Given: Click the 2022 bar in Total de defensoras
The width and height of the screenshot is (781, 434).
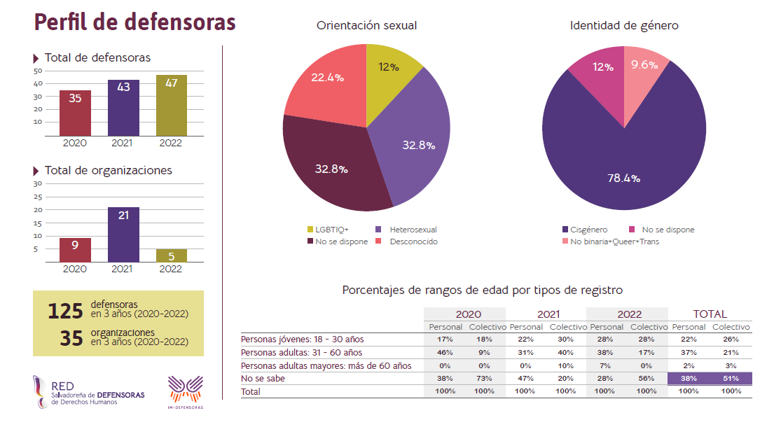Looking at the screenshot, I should tap(171, 105).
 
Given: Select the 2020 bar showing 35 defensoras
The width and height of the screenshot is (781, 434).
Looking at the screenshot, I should tap(75, 113).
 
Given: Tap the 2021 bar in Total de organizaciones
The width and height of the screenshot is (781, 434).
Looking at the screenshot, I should tap(123, 234).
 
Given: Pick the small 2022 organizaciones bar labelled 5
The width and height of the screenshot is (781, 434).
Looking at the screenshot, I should tap(171, 255).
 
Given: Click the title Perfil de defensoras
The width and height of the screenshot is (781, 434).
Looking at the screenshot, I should tap(135, 22).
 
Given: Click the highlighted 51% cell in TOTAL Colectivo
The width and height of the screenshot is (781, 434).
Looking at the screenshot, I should tap(731, 378).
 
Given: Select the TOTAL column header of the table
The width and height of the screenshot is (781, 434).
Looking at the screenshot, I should tap(710, 314).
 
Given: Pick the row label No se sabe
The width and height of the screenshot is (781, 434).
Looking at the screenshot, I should tap(264, 378).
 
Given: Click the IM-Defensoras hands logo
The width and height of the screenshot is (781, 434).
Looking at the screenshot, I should tap(186, 388).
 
